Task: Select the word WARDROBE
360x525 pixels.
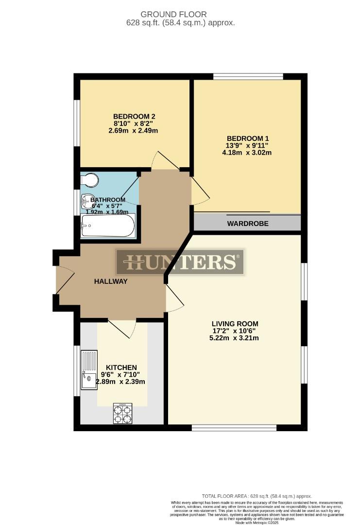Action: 248,224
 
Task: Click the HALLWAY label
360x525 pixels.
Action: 111,281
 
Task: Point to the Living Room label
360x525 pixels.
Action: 235,324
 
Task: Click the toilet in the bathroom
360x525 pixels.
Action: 90,180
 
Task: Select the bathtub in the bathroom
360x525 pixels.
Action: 108,226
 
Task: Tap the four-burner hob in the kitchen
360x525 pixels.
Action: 122,413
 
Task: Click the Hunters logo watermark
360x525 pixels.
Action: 180,262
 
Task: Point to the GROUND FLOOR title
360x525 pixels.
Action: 180,15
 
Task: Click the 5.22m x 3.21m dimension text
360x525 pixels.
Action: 235,338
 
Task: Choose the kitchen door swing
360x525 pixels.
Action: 123,329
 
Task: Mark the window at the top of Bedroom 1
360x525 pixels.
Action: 248,76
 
